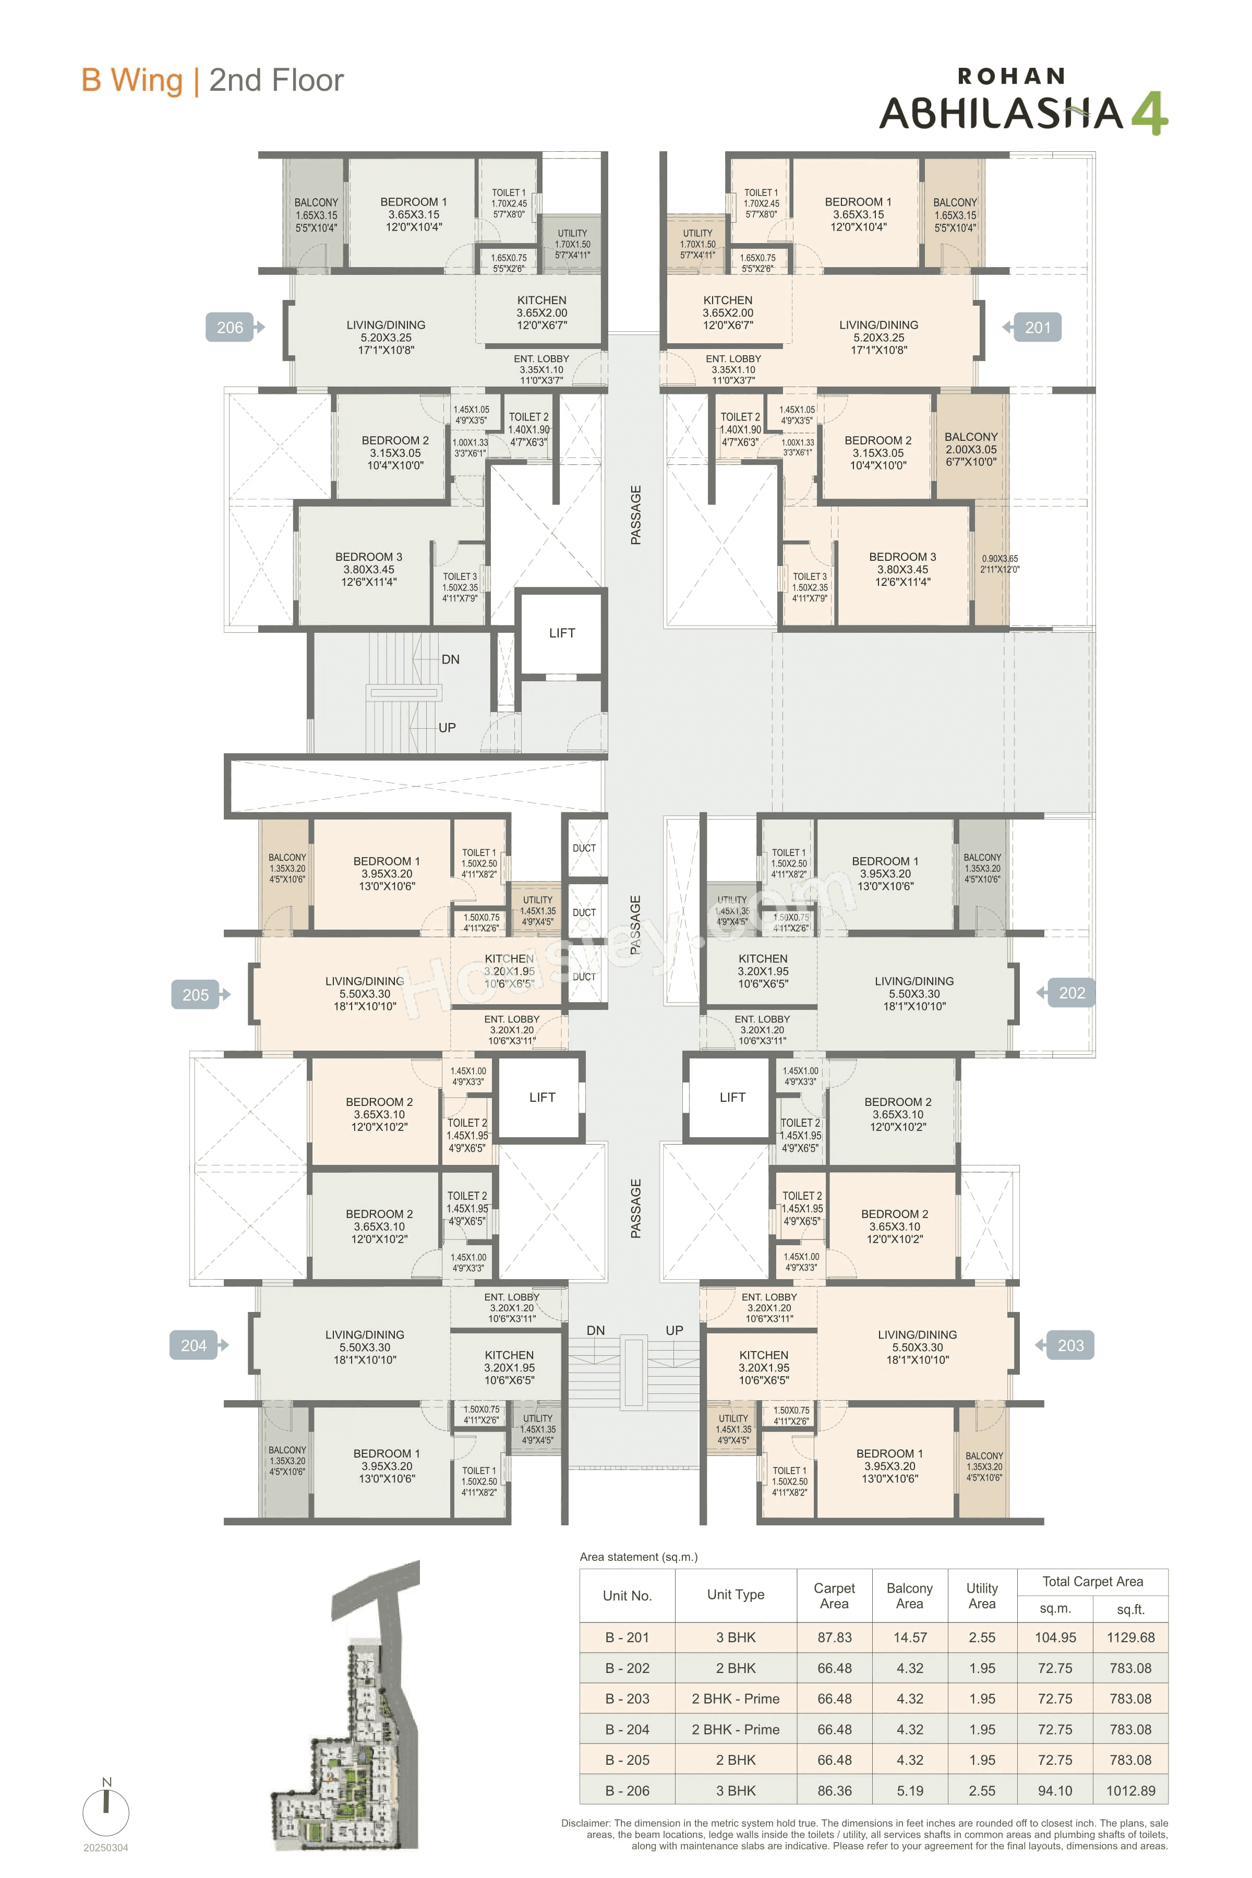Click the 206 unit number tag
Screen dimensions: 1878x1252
coord(230,328)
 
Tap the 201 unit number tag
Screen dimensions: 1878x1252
coord(1037,328)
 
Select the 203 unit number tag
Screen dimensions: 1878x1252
coord(1070,1345)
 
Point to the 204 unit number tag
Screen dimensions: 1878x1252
coord(194,1345)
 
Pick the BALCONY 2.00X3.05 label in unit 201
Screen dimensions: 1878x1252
coord(971,449)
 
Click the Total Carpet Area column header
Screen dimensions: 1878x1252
coord(1092,1582)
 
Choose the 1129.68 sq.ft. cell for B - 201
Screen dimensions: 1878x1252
coord(1130,1638)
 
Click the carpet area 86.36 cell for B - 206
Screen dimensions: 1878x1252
coord(834,1791)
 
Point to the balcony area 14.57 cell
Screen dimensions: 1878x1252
coord(909,1638)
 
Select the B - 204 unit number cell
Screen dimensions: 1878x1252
coord(627,1729)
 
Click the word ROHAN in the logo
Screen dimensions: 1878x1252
coord(1011,77)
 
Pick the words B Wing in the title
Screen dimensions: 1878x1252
coord(132,81)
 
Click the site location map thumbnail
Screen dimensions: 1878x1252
coord(346,1709)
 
